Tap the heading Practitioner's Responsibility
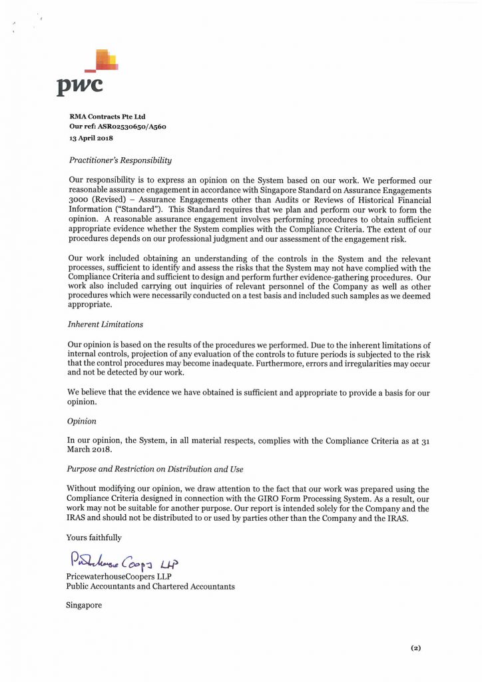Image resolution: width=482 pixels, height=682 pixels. click(x=120, y=161)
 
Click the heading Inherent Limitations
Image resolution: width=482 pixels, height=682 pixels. click(x=105, y=324)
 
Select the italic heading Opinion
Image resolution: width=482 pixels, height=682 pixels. click(x=82, y=421)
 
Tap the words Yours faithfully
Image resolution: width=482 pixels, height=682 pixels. click(x=94, y=537)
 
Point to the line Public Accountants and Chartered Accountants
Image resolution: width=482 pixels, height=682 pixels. click(x=150, y=586)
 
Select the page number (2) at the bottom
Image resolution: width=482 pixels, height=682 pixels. click(x=416, y=648)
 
